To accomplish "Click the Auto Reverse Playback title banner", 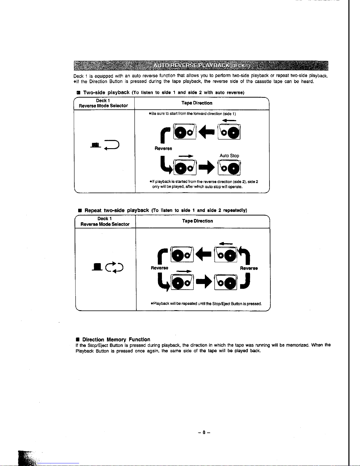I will (201, 65).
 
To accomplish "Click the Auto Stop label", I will (229, 156).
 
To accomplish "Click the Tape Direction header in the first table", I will (197, 103).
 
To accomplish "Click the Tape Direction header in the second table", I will (197, 221).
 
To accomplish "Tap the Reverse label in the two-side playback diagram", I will (163, 148).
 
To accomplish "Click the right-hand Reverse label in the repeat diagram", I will (249, 268).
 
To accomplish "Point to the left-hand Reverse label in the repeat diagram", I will (159, 268).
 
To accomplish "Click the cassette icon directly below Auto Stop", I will (229, 168).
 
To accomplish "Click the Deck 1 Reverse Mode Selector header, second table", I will (105, 221).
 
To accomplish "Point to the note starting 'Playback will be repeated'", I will (206, 304).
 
